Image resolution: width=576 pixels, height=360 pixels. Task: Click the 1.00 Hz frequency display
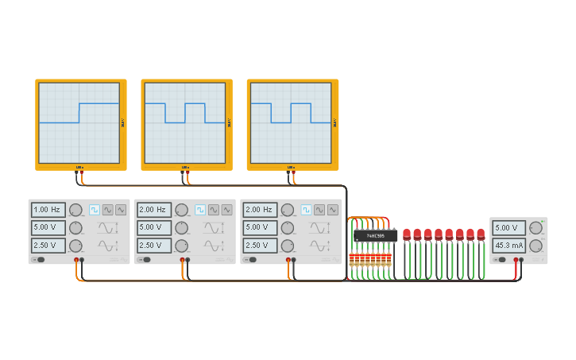[47, 210]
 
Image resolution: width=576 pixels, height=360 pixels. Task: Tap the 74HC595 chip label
[375, 235]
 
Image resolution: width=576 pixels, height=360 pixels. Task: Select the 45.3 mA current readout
[508, 246]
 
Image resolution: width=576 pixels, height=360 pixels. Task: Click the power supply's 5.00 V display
[508, 228]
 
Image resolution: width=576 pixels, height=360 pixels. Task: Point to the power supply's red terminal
[516, 260]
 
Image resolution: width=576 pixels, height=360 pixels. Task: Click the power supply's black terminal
[521, 260]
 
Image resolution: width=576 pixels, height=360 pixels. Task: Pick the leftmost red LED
[407, 234]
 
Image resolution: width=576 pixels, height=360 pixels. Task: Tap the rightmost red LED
[481, 234]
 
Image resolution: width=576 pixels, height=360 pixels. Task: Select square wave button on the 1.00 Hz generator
[95, 210]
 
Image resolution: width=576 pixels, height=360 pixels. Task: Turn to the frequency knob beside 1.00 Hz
[75, 210]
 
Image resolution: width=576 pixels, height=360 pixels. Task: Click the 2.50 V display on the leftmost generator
[47, 246]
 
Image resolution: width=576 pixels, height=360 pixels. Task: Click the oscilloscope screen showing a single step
[79, 123]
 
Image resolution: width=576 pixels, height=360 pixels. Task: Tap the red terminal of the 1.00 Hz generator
[76, 260]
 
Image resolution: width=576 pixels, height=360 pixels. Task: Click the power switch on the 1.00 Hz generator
[38, 260]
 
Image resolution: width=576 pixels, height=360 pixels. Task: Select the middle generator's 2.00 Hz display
[153, 210]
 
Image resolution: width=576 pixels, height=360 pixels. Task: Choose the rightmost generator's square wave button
[306, 210]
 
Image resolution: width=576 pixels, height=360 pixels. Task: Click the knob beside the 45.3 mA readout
[535, 246]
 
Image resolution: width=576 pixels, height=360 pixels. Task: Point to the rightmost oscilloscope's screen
[291, 123]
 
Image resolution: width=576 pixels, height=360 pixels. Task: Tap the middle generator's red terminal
[182, 260]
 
